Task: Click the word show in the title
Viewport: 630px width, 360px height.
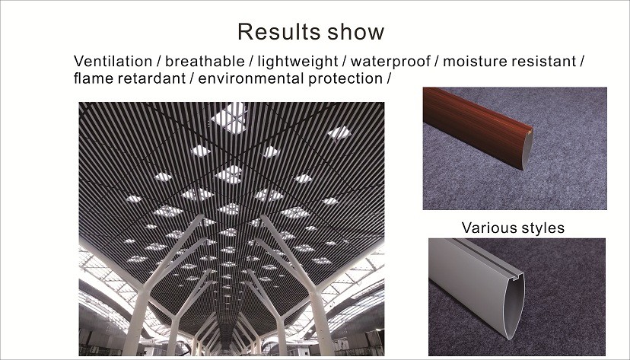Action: pyautogui.click(x=355, y=32)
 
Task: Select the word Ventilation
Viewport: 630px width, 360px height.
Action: pyautogui.click(x=113, y=62)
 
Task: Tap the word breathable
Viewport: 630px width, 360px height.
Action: pyautogui.click(x=205, y=62)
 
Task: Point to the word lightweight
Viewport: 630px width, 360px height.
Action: pyautogui.click(x=297, y=62)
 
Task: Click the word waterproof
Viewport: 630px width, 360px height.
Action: pyautogui.click(x=390, y=62)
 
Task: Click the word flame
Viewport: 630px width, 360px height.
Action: pyautogui.click(x=94, y=78)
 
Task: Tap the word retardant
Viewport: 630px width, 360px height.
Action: pyautogui.click(x=151, y=78)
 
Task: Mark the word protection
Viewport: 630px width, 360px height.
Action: pyautogui.click(x=345, y=78)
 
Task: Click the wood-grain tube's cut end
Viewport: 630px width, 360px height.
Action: pyautogui.click(x=527, y=149)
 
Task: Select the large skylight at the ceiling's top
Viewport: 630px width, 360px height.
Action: pyautogui.click(x=230, y=118)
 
